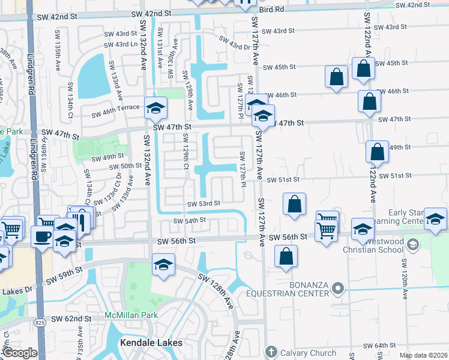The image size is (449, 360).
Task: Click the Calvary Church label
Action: click(307, 352)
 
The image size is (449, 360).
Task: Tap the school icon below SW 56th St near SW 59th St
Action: click(163, 265)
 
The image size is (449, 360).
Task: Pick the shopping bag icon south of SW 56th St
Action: click(286, 256)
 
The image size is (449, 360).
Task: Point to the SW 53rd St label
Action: click(204, 204)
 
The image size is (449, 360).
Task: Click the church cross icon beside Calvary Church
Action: click(271, 352)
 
